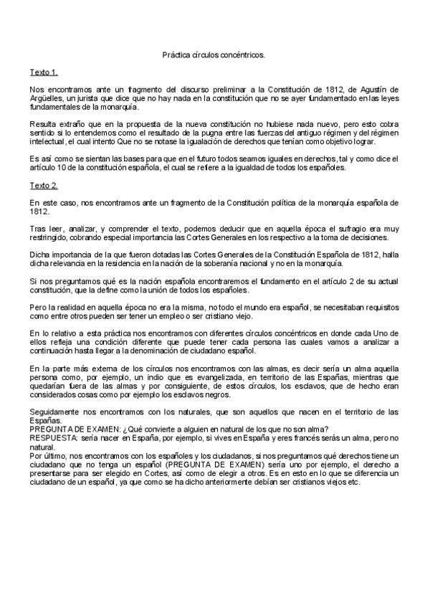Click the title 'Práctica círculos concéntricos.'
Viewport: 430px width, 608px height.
[214, 54]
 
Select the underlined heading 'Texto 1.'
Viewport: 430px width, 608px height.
[44, 72]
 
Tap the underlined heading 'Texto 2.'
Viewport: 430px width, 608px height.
[44, 186]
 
